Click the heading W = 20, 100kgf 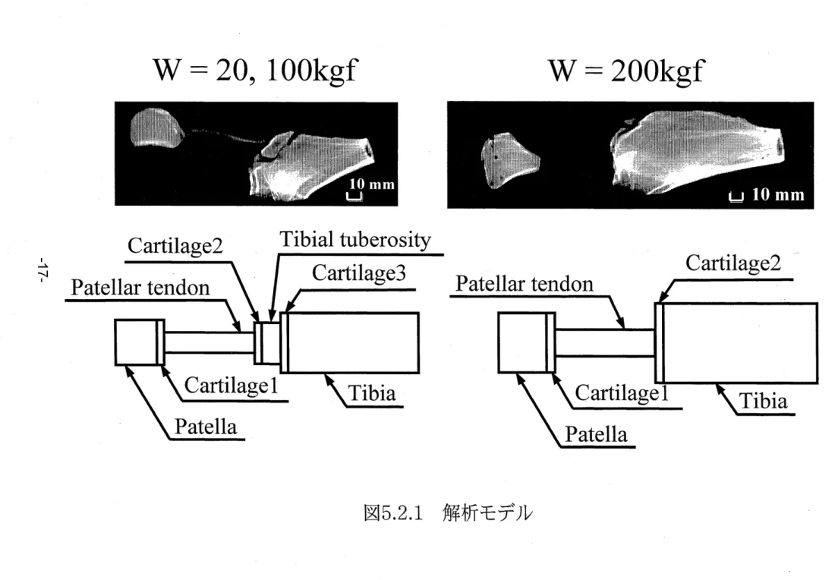(255, 71)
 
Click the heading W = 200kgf (626, 71)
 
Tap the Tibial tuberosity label (355, 240)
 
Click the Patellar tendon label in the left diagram (140, 288)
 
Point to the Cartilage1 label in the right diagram (622, 393)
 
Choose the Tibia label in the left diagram (372, 393)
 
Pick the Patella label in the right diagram (596, 434)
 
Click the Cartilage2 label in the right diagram (733, 263)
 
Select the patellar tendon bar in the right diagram (605, 342)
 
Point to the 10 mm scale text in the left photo (372, 184)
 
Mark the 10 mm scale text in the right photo (778, 194)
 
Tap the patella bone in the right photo (509, 160)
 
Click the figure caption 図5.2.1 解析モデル (448, 513)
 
